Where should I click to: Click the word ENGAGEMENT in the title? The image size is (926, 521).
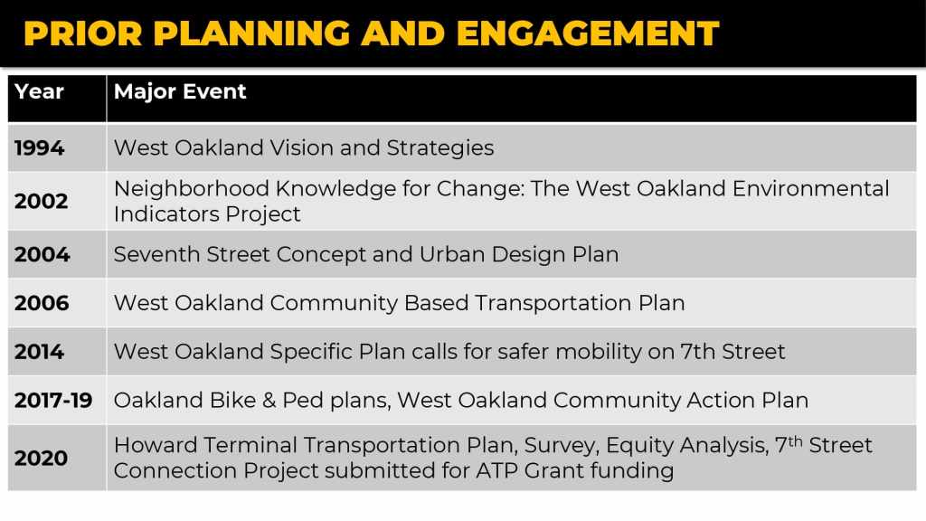588,33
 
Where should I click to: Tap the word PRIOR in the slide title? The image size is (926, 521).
83,33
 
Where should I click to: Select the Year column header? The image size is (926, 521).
39,91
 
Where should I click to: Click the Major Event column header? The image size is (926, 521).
180,91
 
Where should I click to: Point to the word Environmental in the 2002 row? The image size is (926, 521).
811,188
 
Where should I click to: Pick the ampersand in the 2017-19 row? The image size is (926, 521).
269,401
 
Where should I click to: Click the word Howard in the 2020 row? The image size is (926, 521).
156,445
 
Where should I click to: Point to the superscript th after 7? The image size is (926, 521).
796,440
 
